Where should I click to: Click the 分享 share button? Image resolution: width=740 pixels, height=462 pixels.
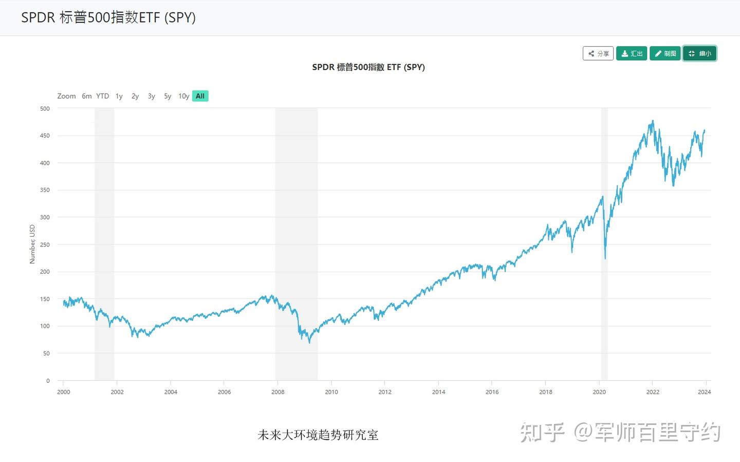point(598,54)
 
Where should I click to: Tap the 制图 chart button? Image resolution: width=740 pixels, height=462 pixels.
point(665,54)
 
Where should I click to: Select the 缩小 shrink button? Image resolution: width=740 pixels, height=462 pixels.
point(699,54)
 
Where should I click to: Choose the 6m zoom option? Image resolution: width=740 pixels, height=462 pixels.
point(86,96)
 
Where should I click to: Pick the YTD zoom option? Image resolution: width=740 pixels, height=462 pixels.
point(103,96)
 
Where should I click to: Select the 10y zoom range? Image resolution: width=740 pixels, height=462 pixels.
point(183,96)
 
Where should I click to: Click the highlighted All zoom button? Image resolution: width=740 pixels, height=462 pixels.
point(200,96)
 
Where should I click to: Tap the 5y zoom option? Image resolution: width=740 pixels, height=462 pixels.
point(168,96)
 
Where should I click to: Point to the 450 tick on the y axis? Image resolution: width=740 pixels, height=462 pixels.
point(45,136)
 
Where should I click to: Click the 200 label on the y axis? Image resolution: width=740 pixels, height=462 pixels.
point(45,272)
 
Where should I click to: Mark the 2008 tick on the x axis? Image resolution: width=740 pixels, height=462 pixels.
point(278,392)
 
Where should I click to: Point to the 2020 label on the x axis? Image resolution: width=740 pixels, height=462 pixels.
point(599,392)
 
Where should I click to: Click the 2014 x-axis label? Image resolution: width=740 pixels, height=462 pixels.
point(438,392)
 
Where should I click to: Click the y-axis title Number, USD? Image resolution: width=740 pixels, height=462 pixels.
point(32,244)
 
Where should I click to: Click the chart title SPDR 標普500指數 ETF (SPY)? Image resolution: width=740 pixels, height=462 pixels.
point(368,67)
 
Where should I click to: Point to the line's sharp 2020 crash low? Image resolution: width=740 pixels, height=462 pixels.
point(605,258)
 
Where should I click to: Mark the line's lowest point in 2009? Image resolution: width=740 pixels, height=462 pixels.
point(309,343)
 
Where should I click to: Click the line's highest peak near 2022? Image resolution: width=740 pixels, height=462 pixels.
point(653,121)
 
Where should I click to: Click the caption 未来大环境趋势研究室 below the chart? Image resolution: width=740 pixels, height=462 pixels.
point(318,435)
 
